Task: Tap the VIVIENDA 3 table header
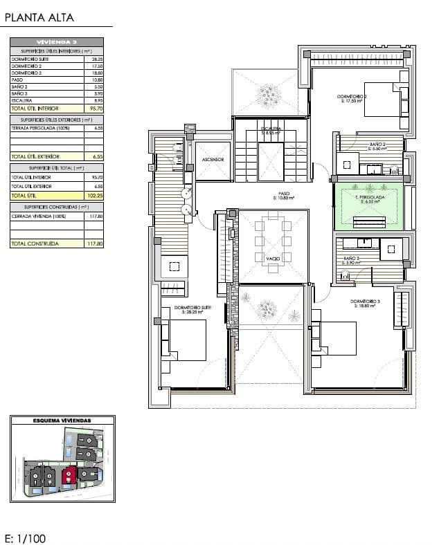57,42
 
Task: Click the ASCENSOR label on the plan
212,159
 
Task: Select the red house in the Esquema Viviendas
69,474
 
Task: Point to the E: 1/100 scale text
26,537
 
